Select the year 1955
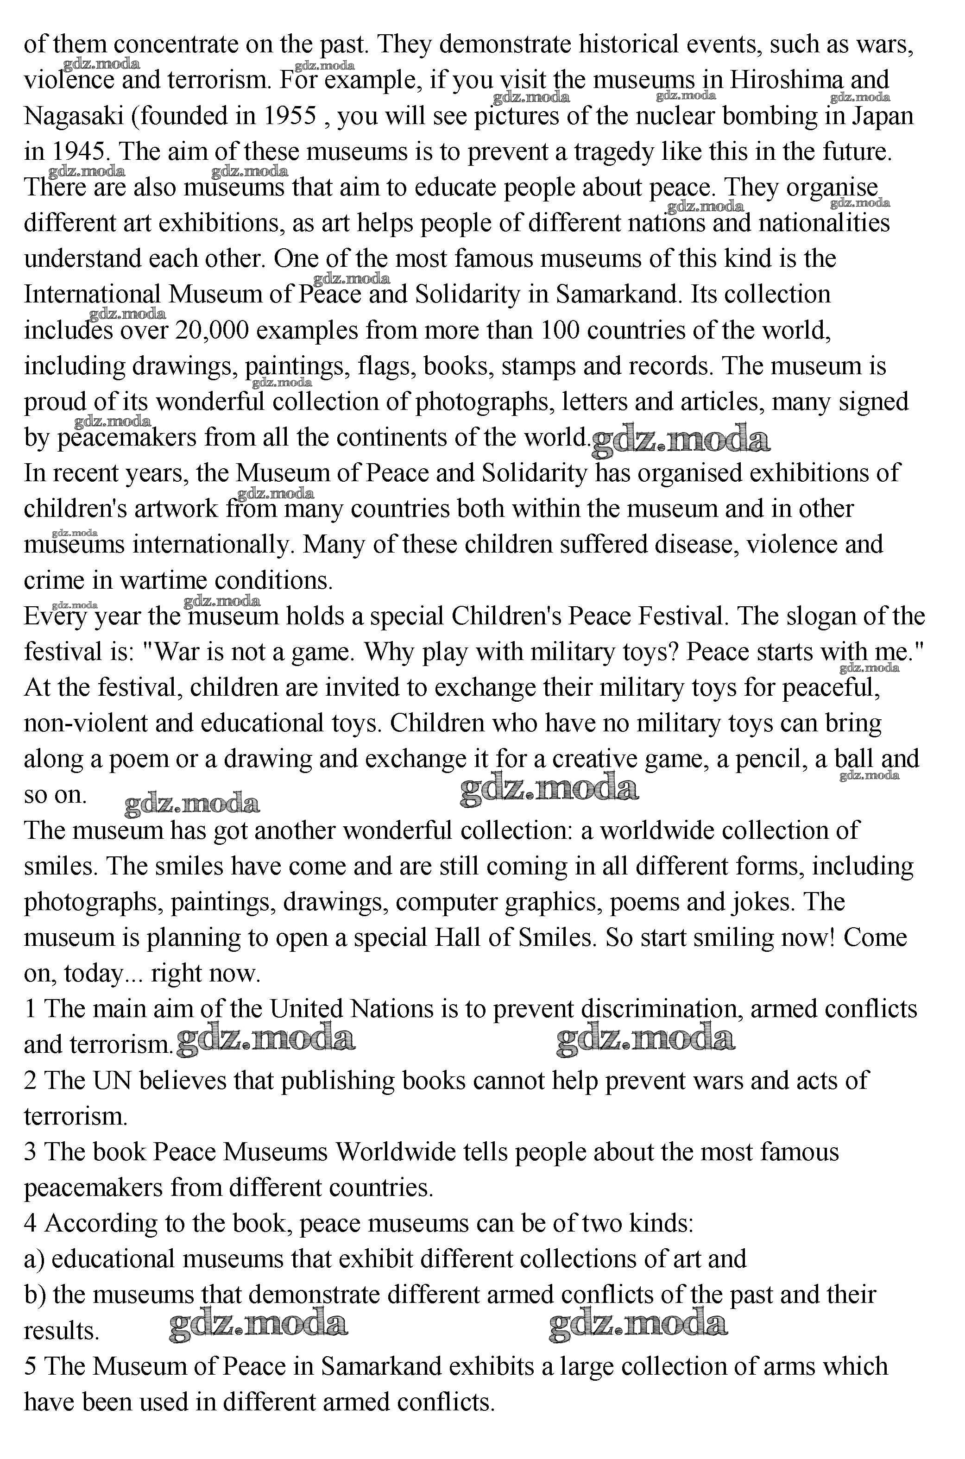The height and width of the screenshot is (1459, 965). click(290, 116)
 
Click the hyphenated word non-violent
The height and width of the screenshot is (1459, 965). click(86, 723)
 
